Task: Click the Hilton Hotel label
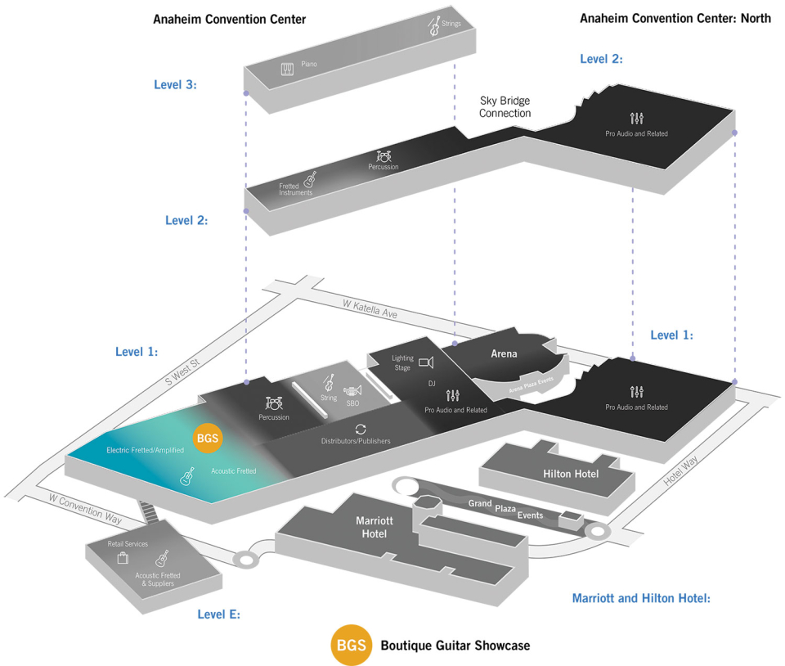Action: pyautogui.click(x=571, y=474)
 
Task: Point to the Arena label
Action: pyautogui.click(x=504, y=353)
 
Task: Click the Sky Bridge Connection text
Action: pyautogui.click(x=505, y=107)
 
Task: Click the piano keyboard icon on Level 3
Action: pyautogui.click(x=288, y=70)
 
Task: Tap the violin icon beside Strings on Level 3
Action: pyautogui.click(x=434, y=27)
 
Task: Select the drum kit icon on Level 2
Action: pyautogui.click(x=384, y=155)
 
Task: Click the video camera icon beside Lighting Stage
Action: pyautogui.click(x=425, y=362)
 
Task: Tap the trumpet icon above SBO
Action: pyautogui.click(x=352, y=391)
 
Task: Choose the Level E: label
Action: pyautogui.click(x=218, y=614)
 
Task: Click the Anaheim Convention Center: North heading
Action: pyautogui.click(x=675, y=18)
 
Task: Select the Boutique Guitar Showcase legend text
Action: pyautogui.click(x=455, y=646)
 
